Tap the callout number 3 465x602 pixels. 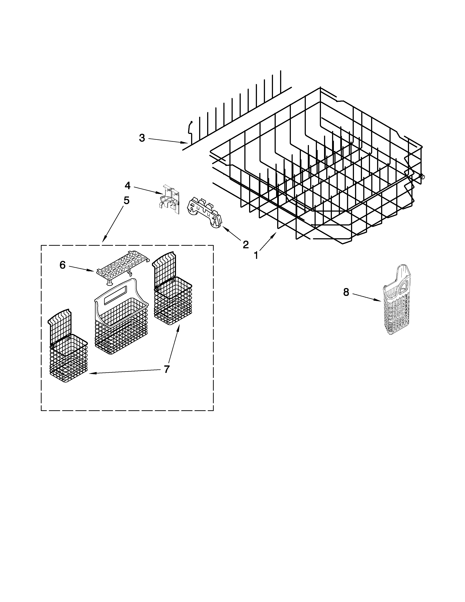[142, 138]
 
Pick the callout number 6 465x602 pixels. [63, 265]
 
